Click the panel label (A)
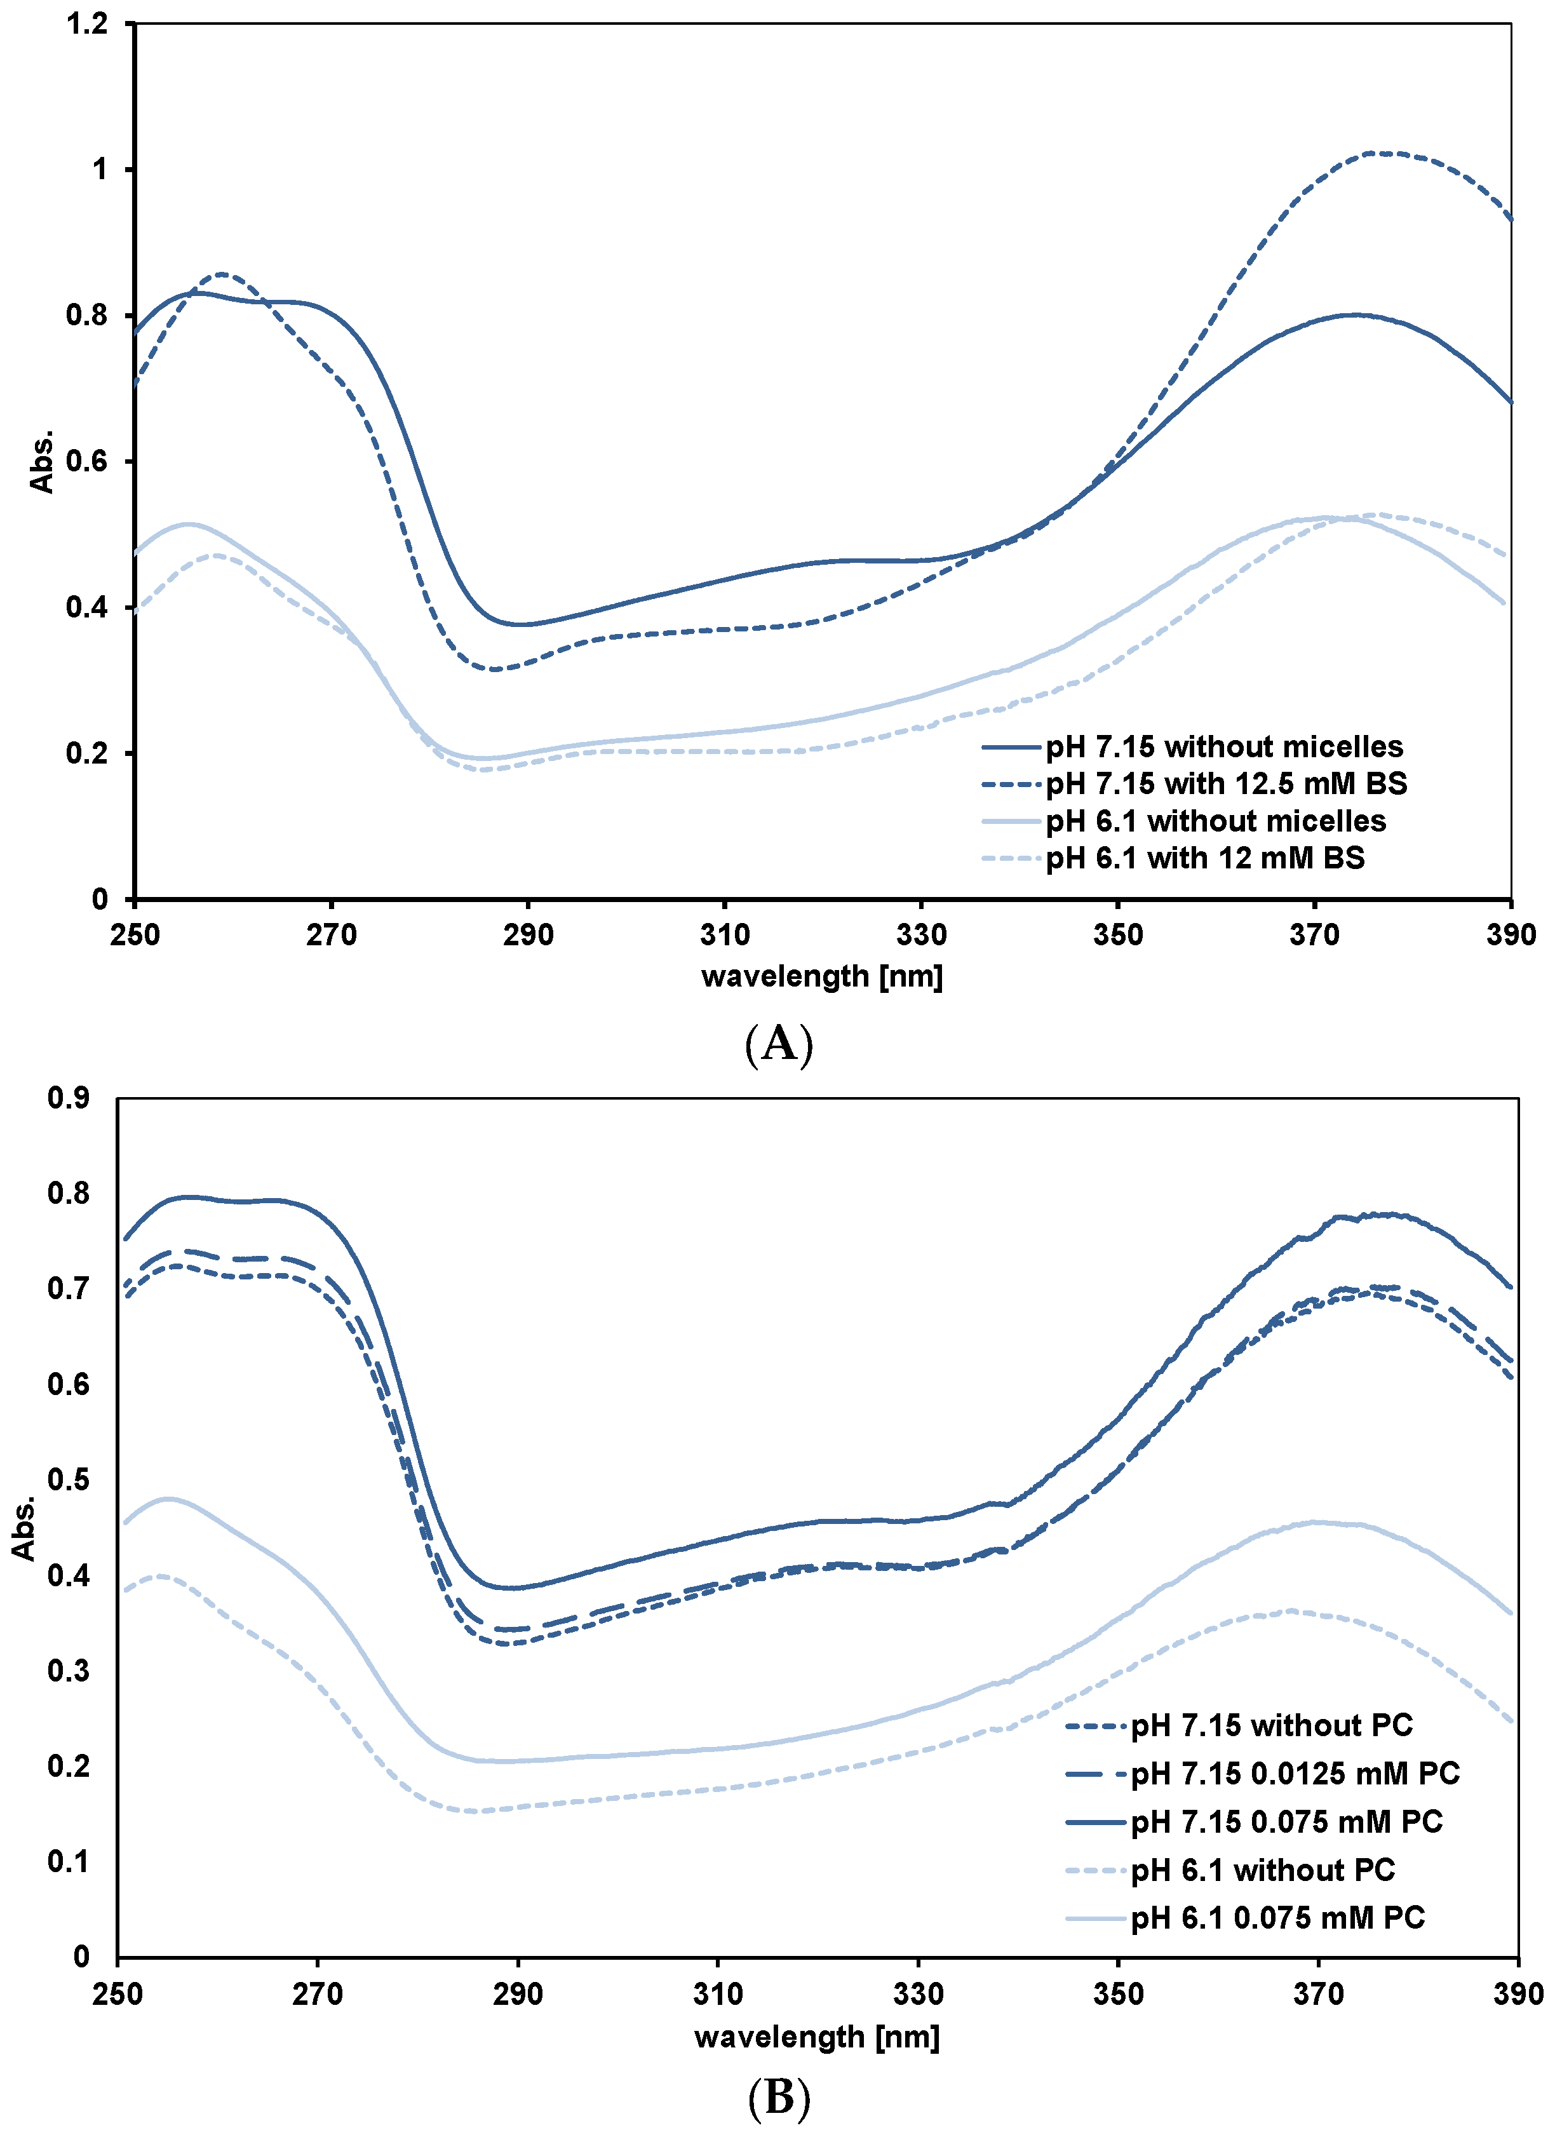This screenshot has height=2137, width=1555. coord(778,1044)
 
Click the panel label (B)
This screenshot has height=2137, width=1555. coord(778,2098)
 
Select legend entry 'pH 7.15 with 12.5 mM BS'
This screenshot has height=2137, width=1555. coord(1225,784)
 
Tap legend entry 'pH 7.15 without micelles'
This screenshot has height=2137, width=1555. coord(1223,747)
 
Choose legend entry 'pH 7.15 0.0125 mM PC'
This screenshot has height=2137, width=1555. coord(1294,1773)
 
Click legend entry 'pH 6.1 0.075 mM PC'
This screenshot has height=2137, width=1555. coord(1277,1917)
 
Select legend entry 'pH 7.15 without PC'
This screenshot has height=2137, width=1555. coord(1271,1725)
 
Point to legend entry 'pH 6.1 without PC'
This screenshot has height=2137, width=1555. coord(1262,1870)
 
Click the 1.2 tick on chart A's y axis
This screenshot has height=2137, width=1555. coord(86,24)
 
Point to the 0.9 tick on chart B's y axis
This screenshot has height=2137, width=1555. coord(68,1098)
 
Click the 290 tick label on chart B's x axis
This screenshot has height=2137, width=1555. coord(518,1994)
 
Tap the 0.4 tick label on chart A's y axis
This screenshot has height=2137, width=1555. coord(86,608)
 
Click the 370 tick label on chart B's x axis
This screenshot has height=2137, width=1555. coord(1317,1994)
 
